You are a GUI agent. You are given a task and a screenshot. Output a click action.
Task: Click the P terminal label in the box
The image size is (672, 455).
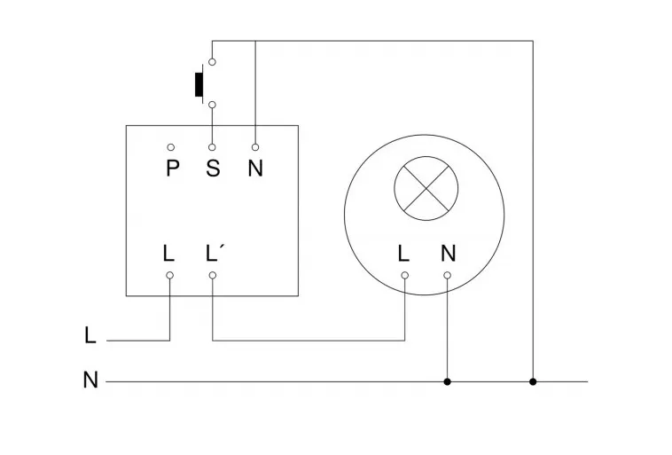point(172,169)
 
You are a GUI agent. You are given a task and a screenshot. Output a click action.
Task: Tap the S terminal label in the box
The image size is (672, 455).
point(213,169)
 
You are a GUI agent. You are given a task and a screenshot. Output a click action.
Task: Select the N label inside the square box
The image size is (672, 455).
point(255,169)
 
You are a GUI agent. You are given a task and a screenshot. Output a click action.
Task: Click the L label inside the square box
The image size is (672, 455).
point(169,253)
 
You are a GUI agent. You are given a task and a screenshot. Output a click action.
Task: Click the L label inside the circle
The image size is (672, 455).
point(404,253)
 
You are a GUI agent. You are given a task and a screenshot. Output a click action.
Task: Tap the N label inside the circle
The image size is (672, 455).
point(448,253)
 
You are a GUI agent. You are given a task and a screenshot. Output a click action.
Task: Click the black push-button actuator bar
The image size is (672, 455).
point(199,83)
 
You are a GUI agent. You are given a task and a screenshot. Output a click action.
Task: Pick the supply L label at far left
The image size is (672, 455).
point(90,336)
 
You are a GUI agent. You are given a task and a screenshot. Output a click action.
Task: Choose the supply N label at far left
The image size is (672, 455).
point(90,381)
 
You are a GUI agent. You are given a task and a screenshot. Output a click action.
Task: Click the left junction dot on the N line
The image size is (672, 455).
point(447,381)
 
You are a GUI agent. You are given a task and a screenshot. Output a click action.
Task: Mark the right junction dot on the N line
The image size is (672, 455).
point(533,381)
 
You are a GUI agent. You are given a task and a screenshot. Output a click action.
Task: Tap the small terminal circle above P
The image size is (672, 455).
point(170,147)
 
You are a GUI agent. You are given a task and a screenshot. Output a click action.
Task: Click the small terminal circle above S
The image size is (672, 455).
point(213,147)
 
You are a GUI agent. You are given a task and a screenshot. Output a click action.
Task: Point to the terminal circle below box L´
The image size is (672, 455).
point(213,275)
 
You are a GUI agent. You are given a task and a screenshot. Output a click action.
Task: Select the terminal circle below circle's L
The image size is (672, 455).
point(404,275)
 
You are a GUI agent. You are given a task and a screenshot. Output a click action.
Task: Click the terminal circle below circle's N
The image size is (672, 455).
point(447,275)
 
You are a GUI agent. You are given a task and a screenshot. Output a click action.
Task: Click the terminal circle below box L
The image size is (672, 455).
point(169,275)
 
